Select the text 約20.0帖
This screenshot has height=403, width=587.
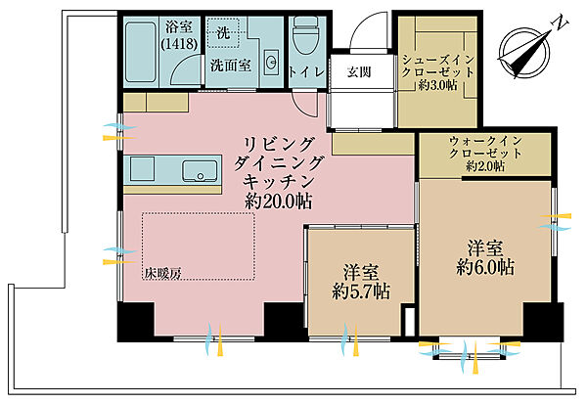278,201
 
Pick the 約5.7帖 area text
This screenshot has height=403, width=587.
361,291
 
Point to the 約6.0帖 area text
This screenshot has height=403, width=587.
485,264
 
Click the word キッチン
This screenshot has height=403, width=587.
278,181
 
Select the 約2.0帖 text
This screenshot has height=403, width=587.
485,167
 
